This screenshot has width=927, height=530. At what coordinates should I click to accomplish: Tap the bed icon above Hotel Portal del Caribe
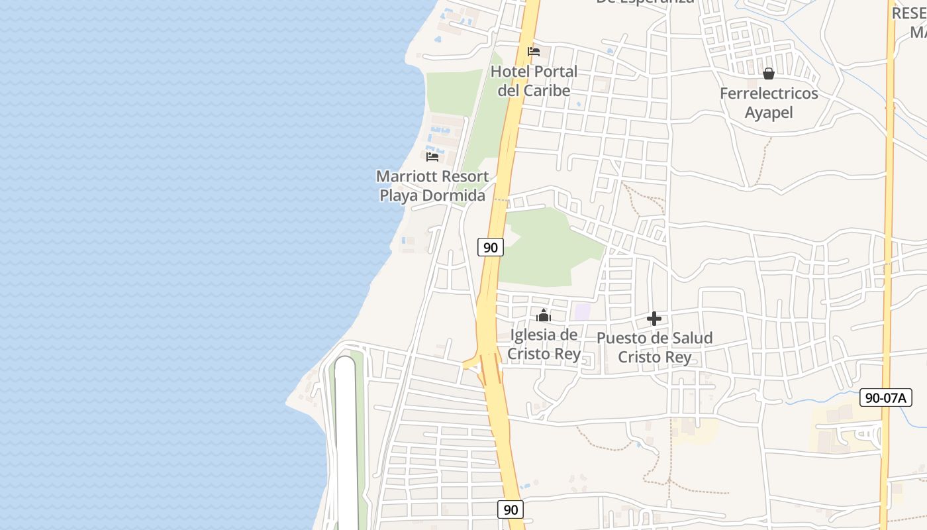click(x=534, y=52)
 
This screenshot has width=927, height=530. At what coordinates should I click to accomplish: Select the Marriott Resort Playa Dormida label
click(x=432, y=186)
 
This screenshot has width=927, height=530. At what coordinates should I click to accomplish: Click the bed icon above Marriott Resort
click(x=432, y=157)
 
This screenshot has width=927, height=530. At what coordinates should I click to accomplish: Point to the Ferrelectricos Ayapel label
click(x=769, y=103)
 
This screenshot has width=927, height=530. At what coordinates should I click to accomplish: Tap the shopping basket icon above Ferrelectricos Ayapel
click(x=769, y=74)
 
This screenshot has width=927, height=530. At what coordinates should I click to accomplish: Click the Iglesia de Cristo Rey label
click(x=544, y=344)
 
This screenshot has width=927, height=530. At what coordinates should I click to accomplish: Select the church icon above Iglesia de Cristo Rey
click(x=544, y=315)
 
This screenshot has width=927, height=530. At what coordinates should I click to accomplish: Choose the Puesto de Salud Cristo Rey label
click(x=654, y=348)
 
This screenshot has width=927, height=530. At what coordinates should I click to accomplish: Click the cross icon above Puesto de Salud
click(x=654, y=319)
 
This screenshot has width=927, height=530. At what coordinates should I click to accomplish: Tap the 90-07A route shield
click(x=885, y=397)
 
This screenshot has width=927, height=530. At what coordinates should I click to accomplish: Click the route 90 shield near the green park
click(x=490, y=248)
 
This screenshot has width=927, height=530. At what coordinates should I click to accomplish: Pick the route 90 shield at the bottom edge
click(x=510, y=509)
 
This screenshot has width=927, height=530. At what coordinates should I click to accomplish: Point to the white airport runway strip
click(x=346, y=444)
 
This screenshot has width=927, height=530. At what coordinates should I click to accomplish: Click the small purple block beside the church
click(x=582, y=311)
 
